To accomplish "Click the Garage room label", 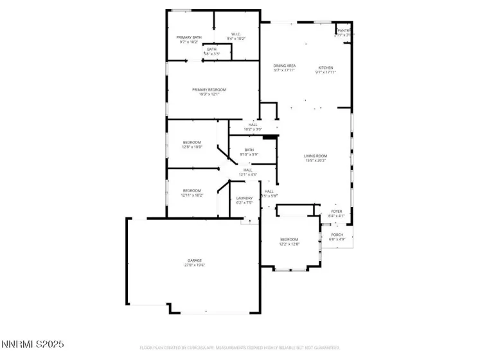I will coord(195,260).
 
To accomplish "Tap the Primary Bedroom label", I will coord(209,89).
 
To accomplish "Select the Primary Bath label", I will coord(189,37).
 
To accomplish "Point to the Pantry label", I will coord(344,30).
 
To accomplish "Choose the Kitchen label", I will coord(326,67).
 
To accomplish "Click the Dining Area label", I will coord(284,66).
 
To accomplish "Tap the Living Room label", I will coord(316,156).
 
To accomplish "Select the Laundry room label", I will coord(244,198).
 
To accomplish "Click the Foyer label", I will coord(337,211).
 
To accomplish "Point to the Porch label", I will coord(337,235).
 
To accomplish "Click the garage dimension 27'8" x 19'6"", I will coord(195,265).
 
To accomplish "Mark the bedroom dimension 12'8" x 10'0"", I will coord(192,147).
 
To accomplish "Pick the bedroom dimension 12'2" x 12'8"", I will coord(289,244).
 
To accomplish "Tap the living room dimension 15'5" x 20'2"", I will coord(316,160).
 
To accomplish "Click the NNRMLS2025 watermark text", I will coord(33,345).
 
